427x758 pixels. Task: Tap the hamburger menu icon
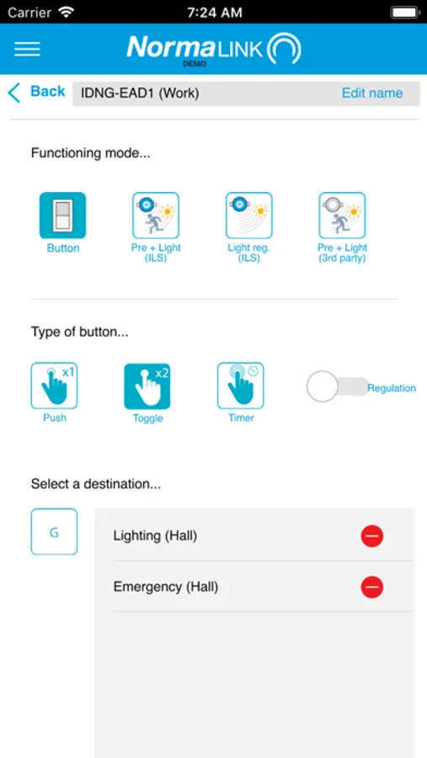tap(27, 49)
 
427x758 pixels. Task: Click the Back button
tap(37, 92)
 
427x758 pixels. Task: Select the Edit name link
tap(372, 93)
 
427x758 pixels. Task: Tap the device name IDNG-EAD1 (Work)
tap(140, 93)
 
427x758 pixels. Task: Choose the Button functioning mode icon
tap(63, 215)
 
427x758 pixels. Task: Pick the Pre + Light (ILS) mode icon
tap(156, 215)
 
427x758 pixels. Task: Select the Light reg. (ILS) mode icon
tap(249, 215)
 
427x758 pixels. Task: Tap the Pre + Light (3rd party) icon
tap(342, 215)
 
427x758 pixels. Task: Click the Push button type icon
tap(54, 386)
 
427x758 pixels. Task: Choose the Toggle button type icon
tap(147, 386)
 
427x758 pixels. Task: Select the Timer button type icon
tap(240, 386)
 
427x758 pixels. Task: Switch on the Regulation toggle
tap(338, 387)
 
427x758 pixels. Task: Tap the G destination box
tap(54, 531)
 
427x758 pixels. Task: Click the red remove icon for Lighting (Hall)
tap(372, 536)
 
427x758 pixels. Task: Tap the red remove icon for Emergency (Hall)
tap(372, 587)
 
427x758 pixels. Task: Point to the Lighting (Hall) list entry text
tap(155, 536)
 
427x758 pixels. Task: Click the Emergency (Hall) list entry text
tap(166, 587)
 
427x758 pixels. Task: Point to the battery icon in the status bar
tap(404, 12)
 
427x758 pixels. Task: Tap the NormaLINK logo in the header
tap(214, 49)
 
